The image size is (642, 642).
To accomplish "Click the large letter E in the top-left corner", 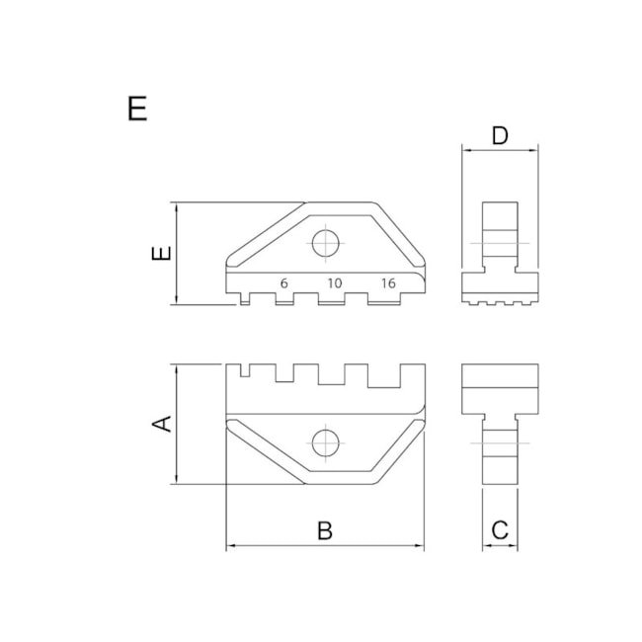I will click(x=137, y=108).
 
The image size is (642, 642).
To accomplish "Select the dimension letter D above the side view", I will click(x=500, y=135).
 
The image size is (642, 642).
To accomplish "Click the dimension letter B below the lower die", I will click(x=324, y=530).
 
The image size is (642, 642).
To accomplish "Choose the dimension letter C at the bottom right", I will click(x=500, y=530).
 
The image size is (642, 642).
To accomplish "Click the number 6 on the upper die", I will click(x=283, y=283).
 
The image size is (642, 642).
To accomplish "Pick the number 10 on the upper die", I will click(x=334, y=283).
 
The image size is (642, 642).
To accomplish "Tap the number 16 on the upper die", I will click(x=387, y=283).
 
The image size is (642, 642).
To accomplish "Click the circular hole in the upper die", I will click(x=325, y=242).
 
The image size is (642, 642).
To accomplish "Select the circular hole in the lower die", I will click(x=325, y=443).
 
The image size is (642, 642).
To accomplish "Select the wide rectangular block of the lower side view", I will click(x=501, y=389).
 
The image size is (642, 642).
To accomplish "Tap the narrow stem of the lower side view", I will click(x=500, y=448).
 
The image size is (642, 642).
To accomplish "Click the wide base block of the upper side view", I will click(x=501, y=286).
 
